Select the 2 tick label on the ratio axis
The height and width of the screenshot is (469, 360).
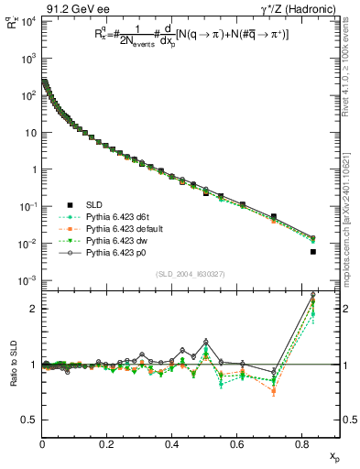(32, 309)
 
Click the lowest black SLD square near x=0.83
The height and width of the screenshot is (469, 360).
(313, 251)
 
